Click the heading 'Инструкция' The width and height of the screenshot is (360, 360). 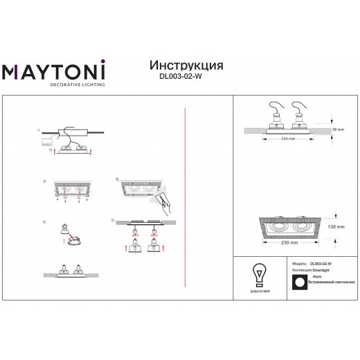(186, 65)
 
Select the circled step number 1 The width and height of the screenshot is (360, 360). (39, 130)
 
